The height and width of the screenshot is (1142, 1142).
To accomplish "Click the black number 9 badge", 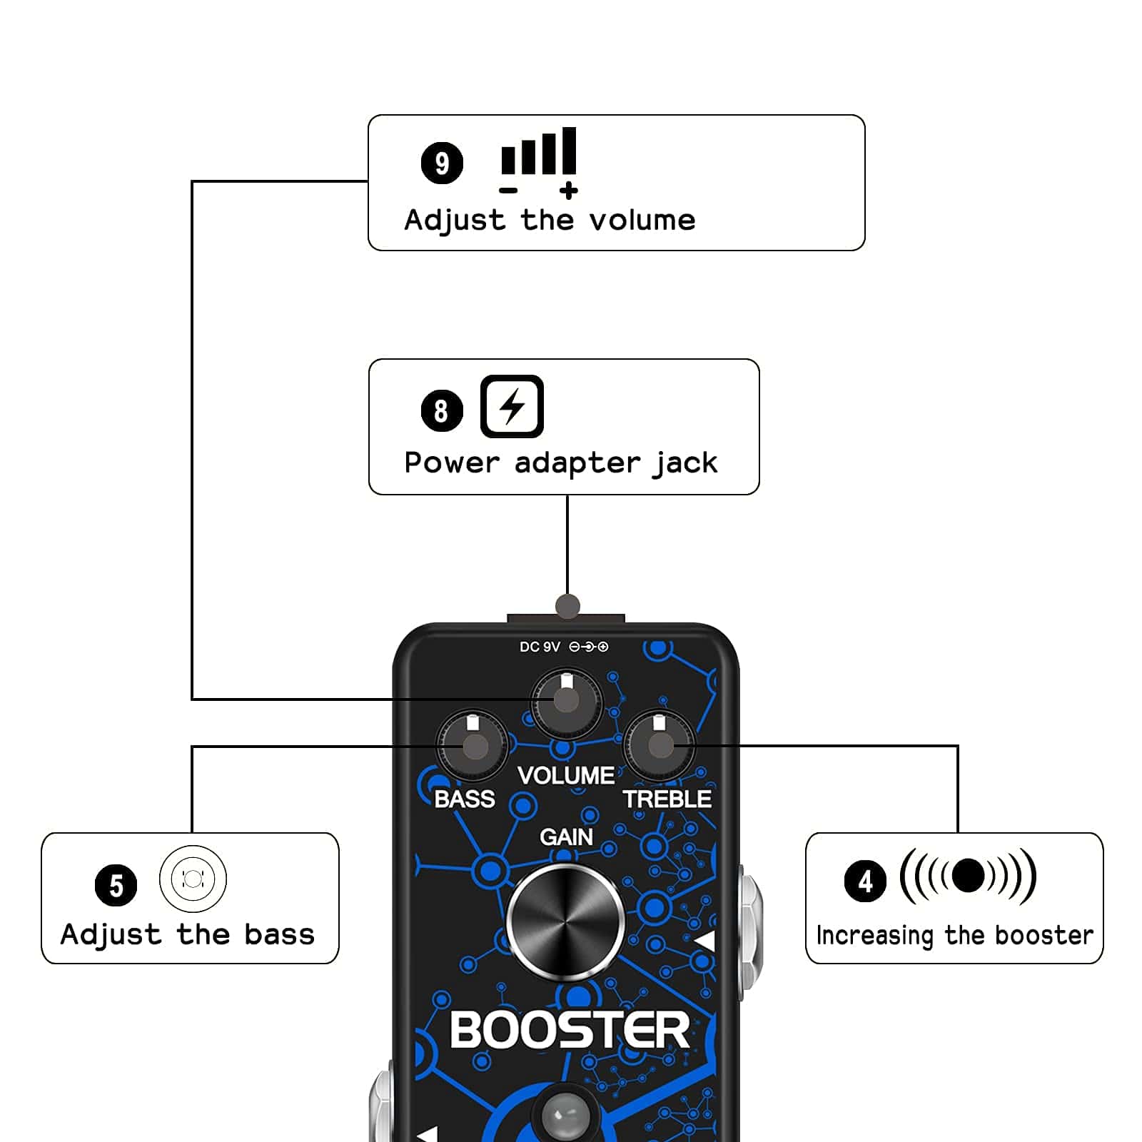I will click(442, 163).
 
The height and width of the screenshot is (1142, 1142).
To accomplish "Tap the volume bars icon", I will click(539, 158).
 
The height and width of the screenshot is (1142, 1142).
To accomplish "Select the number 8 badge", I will click(442, 410).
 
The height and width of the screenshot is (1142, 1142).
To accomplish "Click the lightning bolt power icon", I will click(512, 406).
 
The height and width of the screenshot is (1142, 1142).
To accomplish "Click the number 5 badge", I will click(116, 886).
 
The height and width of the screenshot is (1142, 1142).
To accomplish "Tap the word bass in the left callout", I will click(279, 934).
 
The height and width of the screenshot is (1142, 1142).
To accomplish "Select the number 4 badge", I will click(865, 881).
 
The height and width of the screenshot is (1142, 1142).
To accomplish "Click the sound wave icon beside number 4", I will click(968, 876).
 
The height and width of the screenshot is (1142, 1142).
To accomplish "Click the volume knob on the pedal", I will click(567, 702).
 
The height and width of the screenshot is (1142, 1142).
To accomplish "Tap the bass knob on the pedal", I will click(472, 747).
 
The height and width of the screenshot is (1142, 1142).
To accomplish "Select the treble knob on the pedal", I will click(660, 746).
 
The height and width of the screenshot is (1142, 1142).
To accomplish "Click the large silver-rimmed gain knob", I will click(565, 921).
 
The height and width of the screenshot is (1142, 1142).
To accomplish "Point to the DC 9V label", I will click(540, 647).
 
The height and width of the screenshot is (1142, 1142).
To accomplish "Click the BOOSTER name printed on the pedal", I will click(570, 1030).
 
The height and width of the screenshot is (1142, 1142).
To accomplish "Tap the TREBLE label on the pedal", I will click(667, 799).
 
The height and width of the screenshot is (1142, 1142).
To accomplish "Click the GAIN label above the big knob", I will click(566, 837).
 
